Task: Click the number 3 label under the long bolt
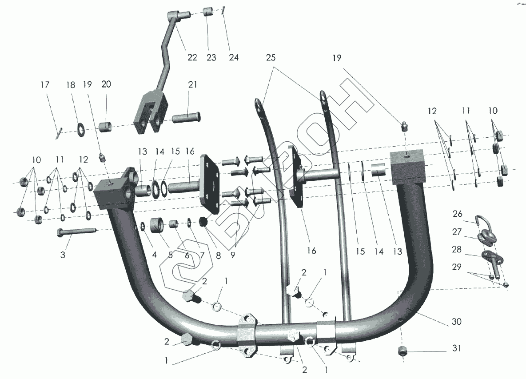63,255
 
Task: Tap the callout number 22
192,58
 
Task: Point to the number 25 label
271,58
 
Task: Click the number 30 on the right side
456,322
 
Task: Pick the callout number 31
456,349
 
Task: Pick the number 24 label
234,58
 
